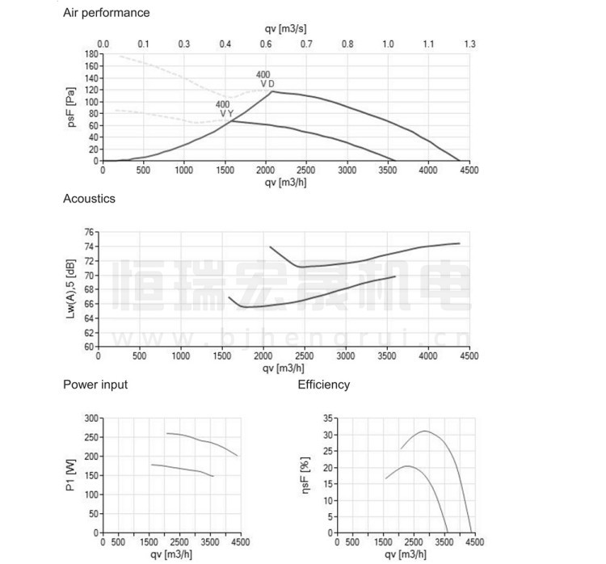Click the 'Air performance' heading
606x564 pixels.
tap(107, 13)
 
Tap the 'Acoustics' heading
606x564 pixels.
tap(89, 198)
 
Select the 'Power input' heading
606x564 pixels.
tap(95, 385)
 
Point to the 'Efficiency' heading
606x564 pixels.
tap(324, 385)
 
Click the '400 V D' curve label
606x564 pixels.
tap(265, 79)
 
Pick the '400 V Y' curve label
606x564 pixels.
tap(225, 109)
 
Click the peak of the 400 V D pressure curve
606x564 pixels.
tap(272, 91)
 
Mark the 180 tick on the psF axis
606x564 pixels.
tap(91, 54)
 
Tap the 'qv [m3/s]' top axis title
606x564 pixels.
tap(285, 28)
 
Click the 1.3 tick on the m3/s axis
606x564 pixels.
tap(469, 44)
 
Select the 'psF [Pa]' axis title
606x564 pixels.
tap(71, 107)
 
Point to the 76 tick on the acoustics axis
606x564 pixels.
tap(89, 233)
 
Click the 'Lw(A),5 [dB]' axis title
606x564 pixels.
tap(71, 288)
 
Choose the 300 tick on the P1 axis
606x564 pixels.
tap(91, 419)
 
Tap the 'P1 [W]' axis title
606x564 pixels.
tap(70, 475)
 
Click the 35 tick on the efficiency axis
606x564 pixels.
tap(328, 419)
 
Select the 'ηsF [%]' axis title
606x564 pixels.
tap(305, 475)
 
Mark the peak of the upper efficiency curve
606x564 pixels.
tap(424, 431)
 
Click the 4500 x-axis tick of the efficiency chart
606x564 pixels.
tap(474, 542)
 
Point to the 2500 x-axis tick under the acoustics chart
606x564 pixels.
tap(304, 356)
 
